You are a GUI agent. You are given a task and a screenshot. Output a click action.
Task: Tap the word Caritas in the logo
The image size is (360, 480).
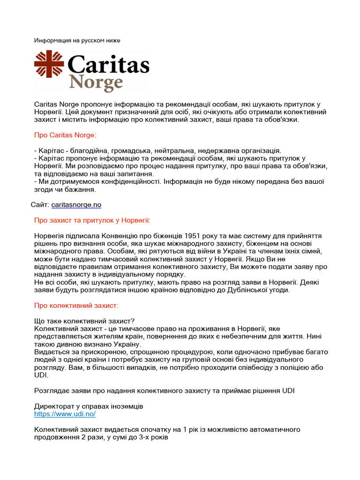click(x=108, y=65)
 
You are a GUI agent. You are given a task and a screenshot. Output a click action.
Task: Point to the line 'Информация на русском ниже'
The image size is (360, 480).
click(x=77, y=40)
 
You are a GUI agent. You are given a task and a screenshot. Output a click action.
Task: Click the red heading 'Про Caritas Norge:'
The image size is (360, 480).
click(x=65, y=135)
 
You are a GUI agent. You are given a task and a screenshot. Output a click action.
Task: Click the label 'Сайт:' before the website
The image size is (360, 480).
click(x=40, y=205)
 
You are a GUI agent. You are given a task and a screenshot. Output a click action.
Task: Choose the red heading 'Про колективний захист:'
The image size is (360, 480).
click(x=76, y=305)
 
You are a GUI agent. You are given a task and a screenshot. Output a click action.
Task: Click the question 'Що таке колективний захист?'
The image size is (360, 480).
click(x=84, y=321)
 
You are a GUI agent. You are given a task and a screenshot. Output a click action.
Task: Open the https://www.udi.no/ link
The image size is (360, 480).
click(x=65, y=414)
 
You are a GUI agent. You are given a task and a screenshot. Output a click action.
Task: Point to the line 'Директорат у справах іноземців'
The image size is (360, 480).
click(x=89, y=406)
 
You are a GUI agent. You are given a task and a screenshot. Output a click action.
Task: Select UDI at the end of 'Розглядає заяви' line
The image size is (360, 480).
click(x=288, y=390)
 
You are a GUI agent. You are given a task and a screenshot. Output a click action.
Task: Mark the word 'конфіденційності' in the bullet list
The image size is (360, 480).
click(x=134, y=181)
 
